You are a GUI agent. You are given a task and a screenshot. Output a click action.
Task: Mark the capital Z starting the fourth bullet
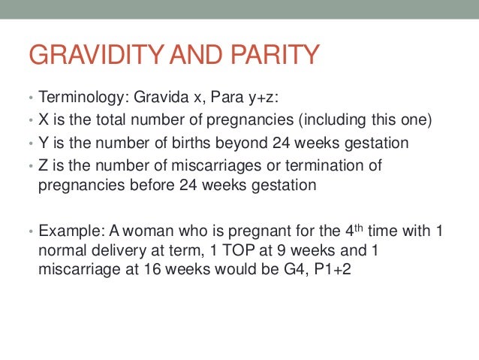tap(43, 165)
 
